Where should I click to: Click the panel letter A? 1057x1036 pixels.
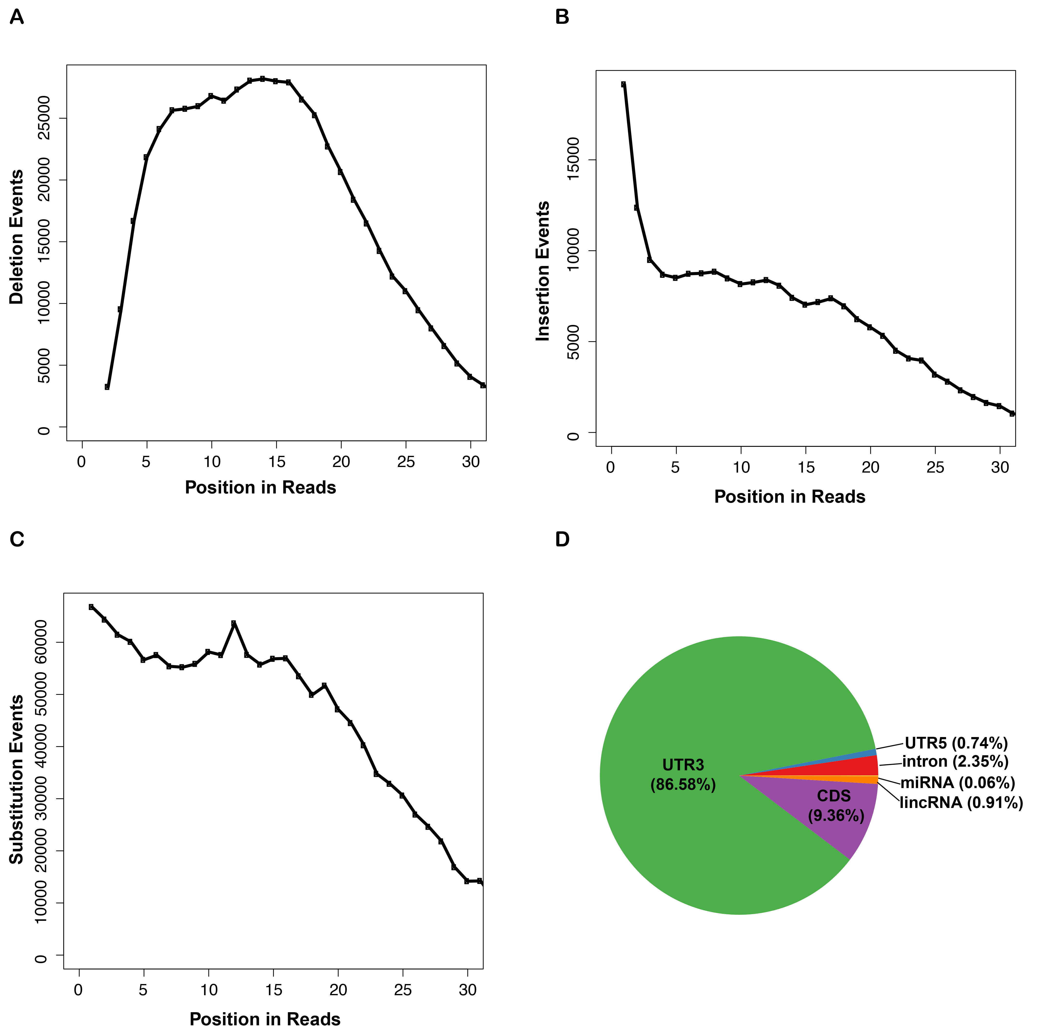[x=17, y=17]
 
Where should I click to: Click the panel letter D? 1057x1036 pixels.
[x=562, y=539]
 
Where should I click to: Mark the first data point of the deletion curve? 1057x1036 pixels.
[x=107, y=387]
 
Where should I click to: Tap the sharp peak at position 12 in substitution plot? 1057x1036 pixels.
[x=233, y=622]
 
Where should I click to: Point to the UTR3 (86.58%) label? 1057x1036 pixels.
[x=683, y=774]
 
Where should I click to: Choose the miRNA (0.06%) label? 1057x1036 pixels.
[x=957, y=782]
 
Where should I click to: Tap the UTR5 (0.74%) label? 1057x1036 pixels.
[x=956, y=743]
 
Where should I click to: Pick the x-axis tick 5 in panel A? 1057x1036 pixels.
[x=146, y=462]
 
